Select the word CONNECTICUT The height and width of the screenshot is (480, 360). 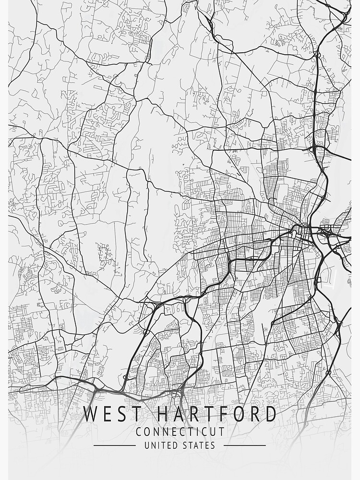(180, 432)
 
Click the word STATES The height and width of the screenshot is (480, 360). (199, 445)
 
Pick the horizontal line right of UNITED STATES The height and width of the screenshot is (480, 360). (244, 445)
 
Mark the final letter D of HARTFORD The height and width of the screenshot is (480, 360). (270, 414)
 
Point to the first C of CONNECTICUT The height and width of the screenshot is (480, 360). (139, 432)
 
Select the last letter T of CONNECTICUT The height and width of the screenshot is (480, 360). (222, 432)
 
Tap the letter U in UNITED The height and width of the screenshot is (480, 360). (147, 445)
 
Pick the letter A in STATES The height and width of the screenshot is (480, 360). (194, 445)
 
